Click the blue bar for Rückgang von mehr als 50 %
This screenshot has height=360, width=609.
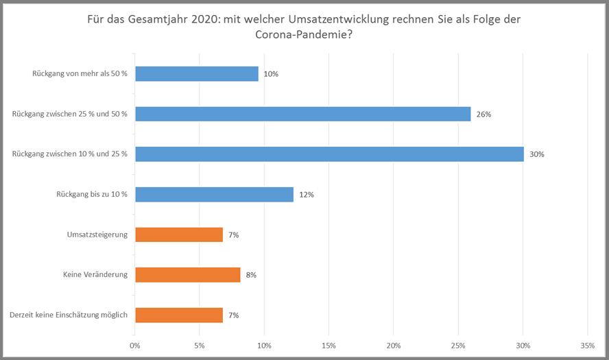pos(197,74)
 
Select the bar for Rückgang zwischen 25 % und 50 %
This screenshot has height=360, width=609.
pos(302,114)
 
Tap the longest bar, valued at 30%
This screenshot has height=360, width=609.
pos(329,154)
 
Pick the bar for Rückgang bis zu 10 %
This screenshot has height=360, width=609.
pos(214,195)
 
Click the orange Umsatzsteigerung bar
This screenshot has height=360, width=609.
pos(179,235)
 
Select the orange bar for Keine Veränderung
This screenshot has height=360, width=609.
pos(187,275)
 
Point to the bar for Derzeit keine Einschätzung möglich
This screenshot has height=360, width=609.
pos(179,315)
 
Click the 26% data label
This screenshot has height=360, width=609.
pos(483,115)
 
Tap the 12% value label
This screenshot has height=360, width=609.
pos(306,195)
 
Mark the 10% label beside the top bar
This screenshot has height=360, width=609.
pos(271,74)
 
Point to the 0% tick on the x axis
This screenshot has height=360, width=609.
pos(135,345)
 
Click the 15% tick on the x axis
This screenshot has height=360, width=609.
pos(329,345)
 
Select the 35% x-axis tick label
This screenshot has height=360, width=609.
pos(588,345)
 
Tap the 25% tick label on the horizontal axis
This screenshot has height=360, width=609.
pos(459,345)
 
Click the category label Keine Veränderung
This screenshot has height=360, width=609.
pos(95,275)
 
